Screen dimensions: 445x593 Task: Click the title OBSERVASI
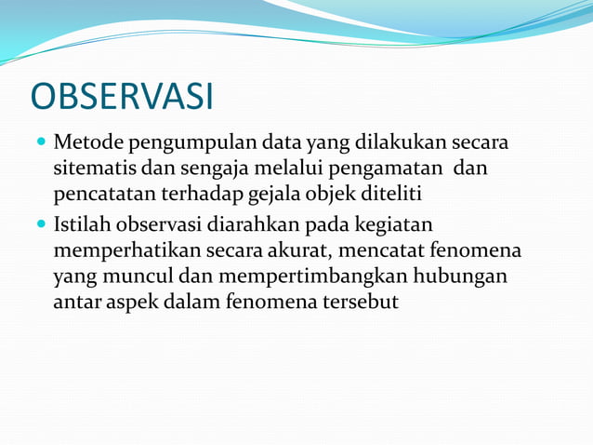pyautogui.click(x=122, y=97)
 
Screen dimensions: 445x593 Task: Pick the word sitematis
pyautogui.click(x=96, y=169)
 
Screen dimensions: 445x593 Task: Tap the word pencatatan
pyautogui.click(x=105, y=196)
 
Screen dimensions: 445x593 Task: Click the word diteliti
pyautogui.click(x=389, y=195)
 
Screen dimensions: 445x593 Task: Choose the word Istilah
pyautogui.click(x=83, y=225)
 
